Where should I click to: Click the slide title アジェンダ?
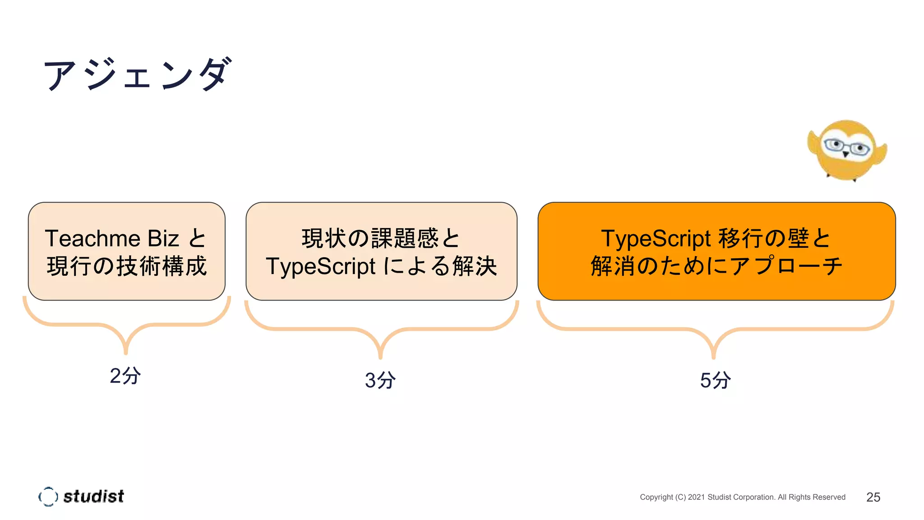(x=138, y=74)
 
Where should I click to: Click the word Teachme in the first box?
(x=92, y=238)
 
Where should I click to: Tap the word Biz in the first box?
(x=163, y=238)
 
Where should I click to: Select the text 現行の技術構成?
(x=127, y=266)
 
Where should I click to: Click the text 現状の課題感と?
(x=381, y=238)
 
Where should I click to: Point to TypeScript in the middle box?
(x=320, y=266)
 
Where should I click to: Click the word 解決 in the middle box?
(x=475, y=266)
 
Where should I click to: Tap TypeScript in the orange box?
(x=656, y=238)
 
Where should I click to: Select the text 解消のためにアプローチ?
(x=716, y=266)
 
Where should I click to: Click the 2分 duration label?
(x=125, y=376)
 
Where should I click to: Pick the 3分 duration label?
(x=380, y=380)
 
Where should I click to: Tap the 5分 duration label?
(x=715, y=380)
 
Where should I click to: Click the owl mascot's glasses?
(x=846, y=147)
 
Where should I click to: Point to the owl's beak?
(x=846, y=155)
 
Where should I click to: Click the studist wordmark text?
(x=93, y=497)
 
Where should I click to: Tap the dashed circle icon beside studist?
(x=48, y=497)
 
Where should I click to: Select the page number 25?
(x=873, y=497)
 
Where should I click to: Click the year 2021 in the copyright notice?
(x=696, y=497)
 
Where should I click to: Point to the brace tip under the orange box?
(x=713, y=357)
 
